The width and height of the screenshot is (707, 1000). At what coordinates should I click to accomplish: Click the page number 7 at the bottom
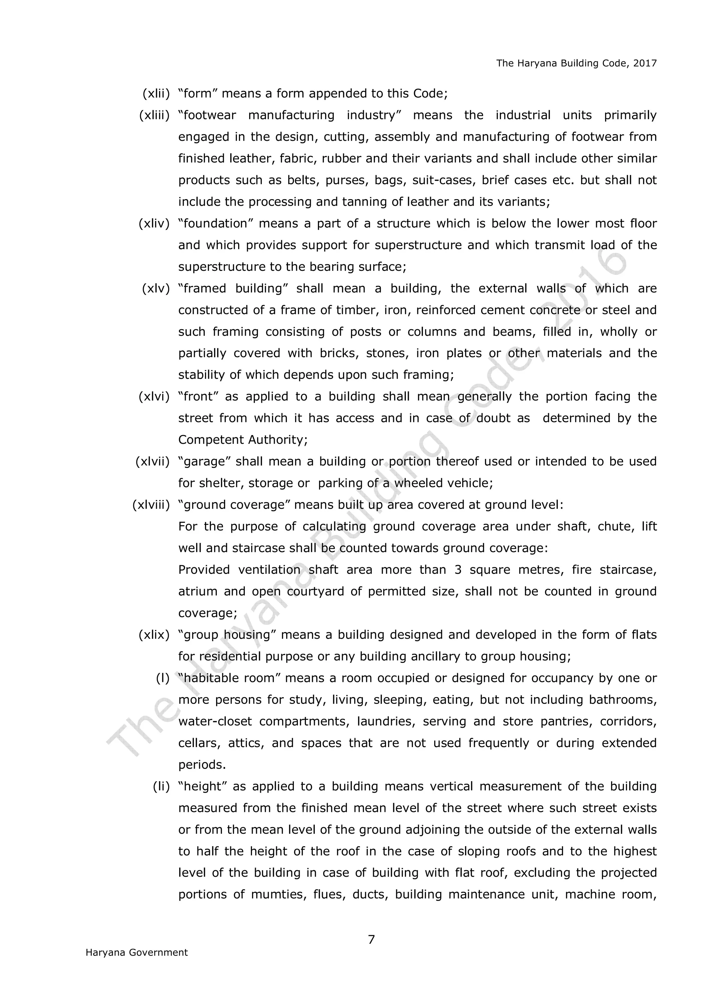tap(371, 940)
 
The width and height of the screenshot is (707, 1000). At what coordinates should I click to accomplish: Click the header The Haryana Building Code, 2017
tap(576, 63)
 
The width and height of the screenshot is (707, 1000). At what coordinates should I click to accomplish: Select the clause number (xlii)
tap(156, 94)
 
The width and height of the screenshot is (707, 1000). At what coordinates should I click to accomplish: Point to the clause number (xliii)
tap(154, 115)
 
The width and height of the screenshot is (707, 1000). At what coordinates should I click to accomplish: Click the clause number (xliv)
tap(154, 224)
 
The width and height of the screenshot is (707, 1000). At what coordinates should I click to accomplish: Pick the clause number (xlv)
tap(156, 289)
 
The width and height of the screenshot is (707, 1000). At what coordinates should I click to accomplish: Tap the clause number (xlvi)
tap(154, 397)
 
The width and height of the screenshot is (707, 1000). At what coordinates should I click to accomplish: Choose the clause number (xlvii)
tap(153, 462)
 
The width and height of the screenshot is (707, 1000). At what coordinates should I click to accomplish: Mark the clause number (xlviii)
tap(151, 505)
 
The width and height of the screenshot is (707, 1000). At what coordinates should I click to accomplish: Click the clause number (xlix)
tap(154, 635)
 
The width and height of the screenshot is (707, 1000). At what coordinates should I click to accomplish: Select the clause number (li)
tap(161, 787)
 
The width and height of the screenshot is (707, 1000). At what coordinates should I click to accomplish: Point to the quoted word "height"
tap(202, 787)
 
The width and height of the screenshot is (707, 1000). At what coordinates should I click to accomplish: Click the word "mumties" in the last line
tap(278, 895)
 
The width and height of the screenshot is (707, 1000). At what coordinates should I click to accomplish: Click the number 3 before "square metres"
tap(458, 570)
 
